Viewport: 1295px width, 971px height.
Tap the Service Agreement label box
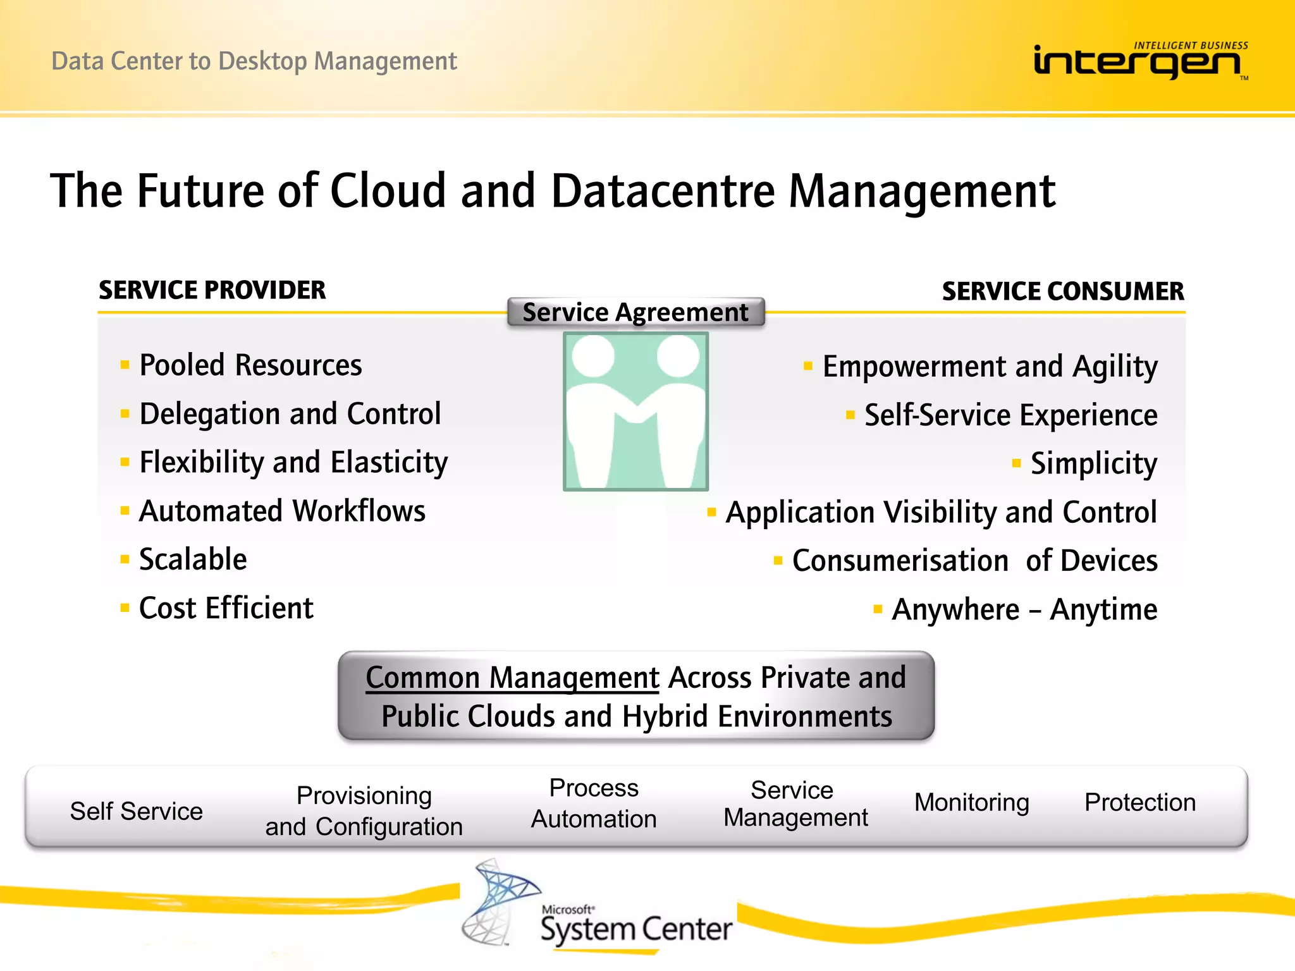tap(635, 312)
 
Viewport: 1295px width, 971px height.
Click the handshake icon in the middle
tap(635, 412)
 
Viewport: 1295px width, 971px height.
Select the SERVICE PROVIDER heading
tap(212, 290)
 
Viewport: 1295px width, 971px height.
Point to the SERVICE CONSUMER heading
tap(1062, 291)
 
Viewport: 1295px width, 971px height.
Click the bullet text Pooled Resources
tap(250, 365)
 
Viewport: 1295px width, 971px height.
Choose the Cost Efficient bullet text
tap(226, 608)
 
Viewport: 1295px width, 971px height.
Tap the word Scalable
tap(193, 559)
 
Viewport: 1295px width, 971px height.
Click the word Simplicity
tap(1093, 463)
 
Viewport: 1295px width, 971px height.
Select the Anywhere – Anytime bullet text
tap(1024, 610)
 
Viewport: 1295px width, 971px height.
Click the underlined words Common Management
tap(512, 678)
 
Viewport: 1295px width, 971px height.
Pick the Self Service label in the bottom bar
tap(137, 811)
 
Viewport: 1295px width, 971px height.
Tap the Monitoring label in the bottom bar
tap(971, 802)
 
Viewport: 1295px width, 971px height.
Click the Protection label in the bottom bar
tap(1139, 802)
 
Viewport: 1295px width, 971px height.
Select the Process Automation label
tap(594, 803)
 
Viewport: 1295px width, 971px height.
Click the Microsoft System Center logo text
tap(635, 928)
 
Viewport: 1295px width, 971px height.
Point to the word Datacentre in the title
tap(663, 191)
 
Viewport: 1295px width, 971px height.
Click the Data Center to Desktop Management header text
tap(254, 61)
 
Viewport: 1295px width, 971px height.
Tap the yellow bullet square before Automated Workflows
tap(125, 510)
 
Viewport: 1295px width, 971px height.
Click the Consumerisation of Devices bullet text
tap(974, 561)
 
